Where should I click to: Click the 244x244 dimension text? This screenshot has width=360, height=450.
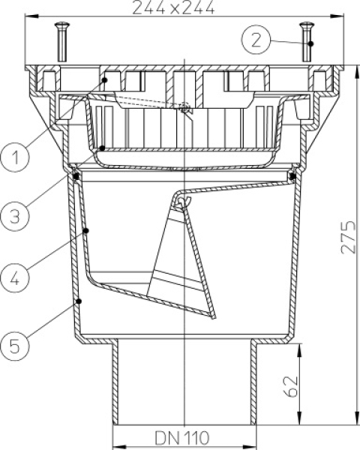(173, 7)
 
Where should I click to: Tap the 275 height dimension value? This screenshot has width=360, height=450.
(348, 237)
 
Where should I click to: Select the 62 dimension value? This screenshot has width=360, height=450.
(291, 386)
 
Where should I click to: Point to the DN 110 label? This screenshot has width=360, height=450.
(182, 438)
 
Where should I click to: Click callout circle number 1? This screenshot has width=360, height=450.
(15, 157)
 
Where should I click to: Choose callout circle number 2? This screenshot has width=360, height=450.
(256, 40)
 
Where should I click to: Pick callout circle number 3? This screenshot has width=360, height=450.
(15, 216)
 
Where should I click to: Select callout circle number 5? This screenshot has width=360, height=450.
(15, 346)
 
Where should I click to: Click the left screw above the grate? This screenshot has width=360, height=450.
(62, 42)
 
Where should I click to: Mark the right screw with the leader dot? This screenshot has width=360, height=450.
(307, 42)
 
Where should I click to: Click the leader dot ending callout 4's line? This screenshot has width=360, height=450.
(85, 230)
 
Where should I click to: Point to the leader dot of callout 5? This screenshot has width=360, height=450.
(79, 301)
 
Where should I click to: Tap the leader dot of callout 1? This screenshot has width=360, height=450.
(105, 79)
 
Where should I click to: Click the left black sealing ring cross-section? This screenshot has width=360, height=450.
(76, 176)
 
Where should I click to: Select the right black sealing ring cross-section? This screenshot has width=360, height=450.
(292, 176)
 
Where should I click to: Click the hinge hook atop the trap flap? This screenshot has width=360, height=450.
(182, 201)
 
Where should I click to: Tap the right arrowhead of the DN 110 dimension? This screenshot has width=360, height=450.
(250, 447)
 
